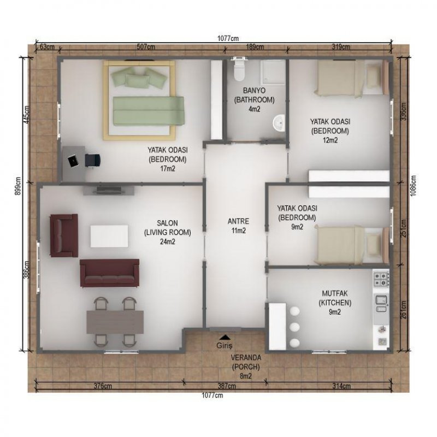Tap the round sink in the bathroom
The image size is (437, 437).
(x=279, y=122)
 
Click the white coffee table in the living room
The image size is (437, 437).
(x=109, y=237)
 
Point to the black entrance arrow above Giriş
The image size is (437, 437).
(x=225, y=338)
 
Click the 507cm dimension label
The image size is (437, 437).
(x=146, y=47)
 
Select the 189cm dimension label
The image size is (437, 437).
(x=255, y=47)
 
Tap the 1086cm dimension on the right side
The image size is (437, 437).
(x=414, y=186)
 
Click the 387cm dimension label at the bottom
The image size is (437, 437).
(x=227, y=386)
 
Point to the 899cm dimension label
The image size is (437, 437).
(x=18, y=186)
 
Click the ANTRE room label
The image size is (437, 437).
(x=238, y=221)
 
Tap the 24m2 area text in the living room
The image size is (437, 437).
(x=168, y=241)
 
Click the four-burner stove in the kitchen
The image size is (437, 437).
(x=381, y=279)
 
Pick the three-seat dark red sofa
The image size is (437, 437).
(x=110, y=273)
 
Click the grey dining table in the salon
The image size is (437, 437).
(x=115, y=322)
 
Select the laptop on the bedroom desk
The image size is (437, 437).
(x=73, y=161)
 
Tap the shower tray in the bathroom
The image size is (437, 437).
(x=273, y=73)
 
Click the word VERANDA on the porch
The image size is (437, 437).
(x=246, y=358)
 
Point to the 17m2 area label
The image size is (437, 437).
(x=168, y=169)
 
